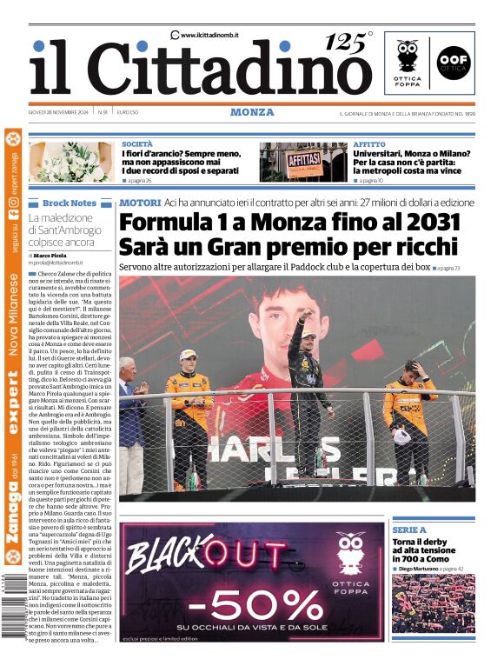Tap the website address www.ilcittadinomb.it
pyautogui.click(x=209, y=35)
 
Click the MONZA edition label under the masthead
pyautogui.click(x=252, y=112)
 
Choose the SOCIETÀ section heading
pyautogui.click(x=137, y=143)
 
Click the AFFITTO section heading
pyautogui.click(x=369, y=143)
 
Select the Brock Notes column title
pyautogui.click(x=69, y=203)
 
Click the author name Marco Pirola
pyautogui.click(x=53, y=254)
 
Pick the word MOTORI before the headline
pyautogui.click(x=140, y=203)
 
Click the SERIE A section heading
pyautogui.click(x=409, y=529)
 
